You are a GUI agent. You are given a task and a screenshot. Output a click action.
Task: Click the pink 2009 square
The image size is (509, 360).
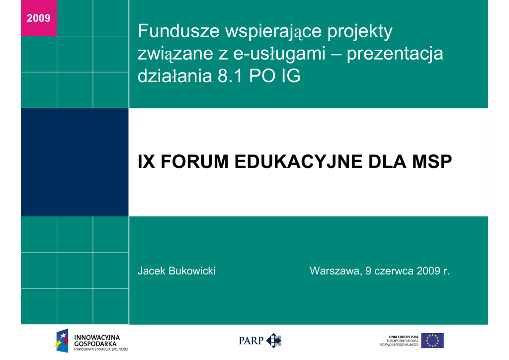click(x=39, y=18)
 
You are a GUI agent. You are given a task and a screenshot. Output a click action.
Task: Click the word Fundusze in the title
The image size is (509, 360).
click(x=179, y=31)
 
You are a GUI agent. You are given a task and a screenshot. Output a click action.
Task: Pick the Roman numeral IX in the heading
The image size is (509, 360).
click(x=146, y=161)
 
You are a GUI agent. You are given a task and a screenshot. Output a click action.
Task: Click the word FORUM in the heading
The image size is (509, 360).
click(x=194, y=161)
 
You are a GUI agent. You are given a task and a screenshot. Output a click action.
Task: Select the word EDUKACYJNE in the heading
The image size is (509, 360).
click(x=298, y=162)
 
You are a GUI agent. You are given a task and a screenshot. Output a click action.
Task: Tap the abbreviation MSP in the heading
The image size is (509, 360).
click(x=432, y=161)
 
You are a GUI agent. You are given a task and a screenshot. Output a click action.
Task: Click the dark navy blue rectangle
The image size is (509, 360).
click(x=75, y=162)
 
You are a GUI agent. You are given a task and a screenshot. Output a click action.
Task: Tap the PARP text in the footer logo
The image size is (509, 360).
click(x=251, y=341)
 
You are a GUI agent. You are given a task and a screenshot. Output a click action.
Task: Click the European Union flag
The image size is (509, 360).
click(x=432, y=341)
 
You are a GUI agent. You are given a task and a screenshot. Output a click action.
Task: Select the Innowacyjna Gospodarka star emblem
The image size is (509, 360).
click(x=62, y=341)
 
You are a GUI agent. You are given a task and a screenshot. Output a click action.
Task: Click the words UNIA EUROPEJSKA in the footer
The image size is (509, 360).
click(x=404, y=337)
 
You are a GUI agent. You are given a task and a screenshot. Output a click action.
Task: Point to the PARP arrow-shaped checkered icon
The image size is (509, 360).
click(x=274, y=341)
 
